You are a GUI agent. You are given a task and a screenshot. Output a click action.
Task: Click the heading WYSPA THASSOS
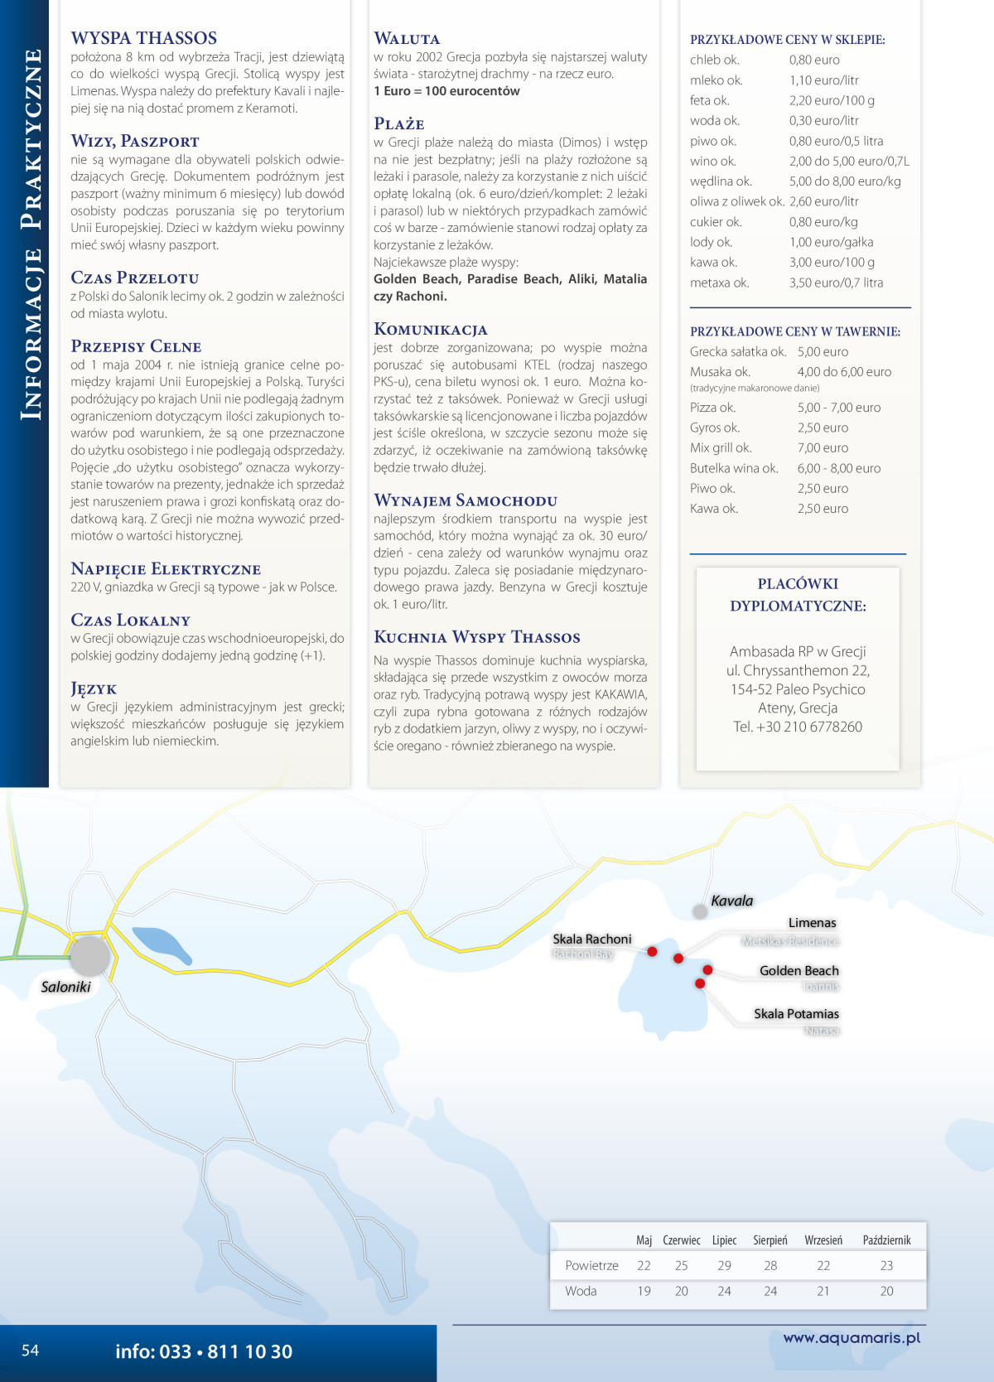[x=144, y=38]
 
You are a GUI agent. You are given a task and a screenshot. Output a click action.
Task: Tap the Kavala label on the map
[x=731, y=901]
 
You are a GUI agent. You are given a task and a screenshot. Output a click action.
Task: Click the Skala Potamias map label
[x=796, y=1014]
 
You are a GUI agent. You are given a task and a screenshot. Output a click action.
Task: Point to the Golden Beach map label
[x=799, y=970]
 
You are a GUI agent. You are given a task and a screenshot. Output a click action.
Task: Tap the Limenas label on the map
[x=812, y=923]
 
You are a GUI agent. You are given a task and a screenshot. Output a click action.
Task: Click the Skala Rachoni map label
[x=591, y=939]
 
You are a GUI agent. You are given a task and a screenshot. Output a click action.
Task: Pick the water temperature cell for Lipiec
[x=724, y=1291]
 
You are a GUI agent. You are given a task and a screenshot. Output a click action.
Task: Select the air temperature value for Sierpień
[x=770, y=1265]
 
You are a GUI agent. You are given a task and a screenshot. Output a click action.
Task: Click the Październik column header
[x=886, y=1240]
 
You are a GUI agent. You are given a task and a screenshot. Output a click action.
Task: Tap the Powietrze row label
[x=591, y=1265]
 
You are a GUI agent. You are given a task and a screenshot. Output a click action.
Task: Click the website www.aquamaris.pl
[x=852, y=1337]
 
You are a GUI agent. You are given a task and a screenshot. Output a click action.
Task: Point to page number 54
[x=30, y=1351]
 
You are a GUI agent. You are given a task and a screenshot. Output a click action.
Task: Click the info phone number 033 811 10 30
[x=204, y=1351]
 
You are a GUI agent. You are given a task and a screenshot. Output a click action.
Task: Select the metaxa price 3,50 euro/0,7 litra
[x=836, y=283]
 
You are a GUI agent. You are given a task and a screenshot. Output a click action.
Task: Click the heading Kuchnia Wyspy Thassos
[x=476, y=637]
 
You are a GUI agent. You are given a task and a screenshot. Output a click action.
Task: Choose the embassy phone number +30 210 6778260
[x=797, y=727]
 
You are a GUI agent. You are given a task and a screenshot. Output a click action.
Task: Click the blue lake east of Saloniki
[x=161, y=945]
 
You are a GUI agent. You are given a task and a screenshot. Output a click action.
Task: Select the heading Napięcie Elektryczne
[x=166, y=569]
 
